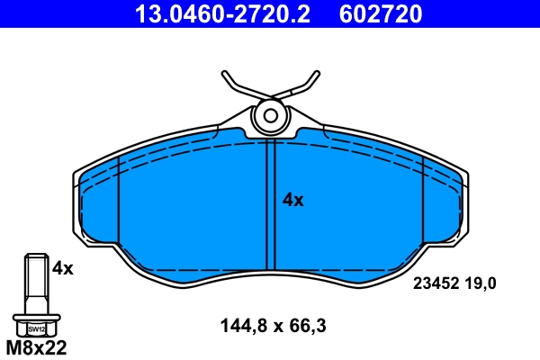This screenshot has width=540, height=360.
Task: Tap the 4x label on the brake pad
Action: [293, 201]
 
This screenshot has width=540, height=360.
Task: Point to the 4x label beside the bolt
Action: [62, 267]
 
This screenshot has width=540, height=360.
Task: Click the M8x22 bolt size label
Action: [37, 346]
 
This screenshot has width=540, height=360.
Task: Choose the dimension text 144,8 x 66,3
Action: [273, 327]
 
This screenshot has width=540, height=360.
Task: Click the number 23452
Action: [436, 283]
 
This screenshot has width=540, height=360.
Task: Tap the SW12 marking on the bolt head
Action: [35, 330]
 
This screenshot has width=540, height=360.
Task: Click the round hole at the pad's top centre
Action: [269, 115]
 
